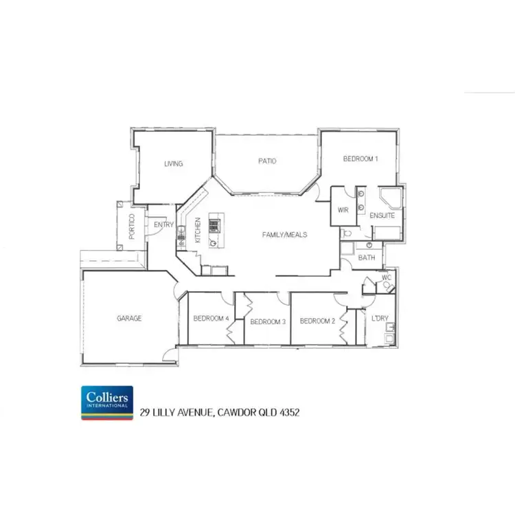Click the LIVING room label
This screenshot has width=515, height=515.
coord(173,163)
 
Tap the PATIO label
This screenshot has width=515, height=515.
coord(267,161)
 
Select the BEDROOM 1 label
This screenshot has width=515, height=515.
coord(360,159)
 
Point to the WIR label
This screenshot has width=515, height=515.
coord(344,211)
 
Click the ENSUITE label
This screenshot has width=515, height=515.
coord(382,216)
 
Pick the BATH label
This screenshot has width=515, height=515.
coord(366,258)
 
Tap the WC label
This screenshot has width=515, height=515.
coord(386,278)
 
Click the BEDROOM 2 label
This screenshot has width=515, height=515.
coord(317,321)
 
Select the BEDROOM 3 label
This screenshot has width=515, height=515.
coord(267,321)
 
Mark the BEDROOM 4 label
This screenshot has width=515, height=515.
coord(210,318)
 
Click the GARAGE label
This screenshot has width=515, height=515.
coord(128,318)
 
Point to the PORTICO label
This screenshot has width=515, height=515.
coord(132,227)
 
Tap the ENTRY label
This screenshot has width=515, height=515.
coord(163,225)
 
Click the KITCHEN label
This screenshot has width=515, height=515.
coord(197,230)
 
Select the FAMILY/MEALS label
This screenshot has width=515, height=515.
coord(284,234)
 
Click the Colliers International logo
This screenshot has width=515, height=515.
coord(107,402)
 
